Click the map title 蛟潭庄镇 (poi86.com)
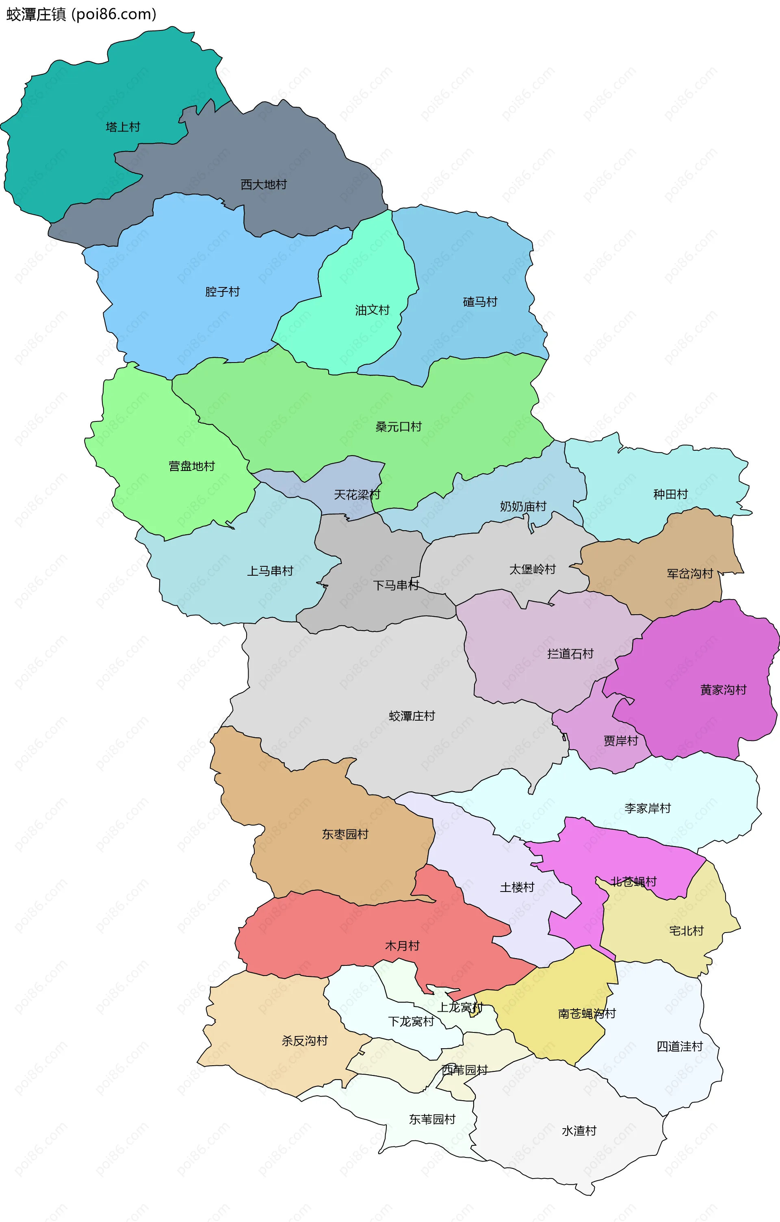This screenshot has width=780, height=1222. pos(81,14)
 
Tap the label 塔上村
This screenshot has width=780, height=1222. pos(123,127)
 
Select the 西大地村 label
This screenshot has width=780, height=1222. pos(264,184)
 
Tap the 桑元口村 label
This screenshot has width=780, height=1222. pos(399,427)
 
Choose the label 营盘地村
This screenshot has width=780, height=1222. pos(192,466)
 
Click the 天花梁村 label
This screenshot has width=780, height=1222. pos(357,494)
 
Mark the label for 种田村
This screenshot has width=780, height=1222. pos(670,494)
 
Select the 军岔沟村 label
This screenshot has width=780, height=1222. pos(690,573)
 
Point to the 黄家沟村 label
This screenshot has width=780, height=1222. pos(723,690)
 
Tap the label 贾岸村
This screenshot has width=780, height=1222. pos(621,741)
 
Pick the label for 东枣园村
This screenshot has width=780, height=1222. pos(345,834)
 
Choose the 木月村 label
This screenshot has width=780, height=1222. pos(402,946)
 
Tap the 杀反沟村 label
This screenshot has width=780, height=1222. pos(305,1041)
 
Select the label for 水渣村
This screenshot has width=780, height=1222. pos(579,1131)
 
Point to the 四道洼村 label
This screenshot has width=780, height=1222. pos(679,1047)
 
